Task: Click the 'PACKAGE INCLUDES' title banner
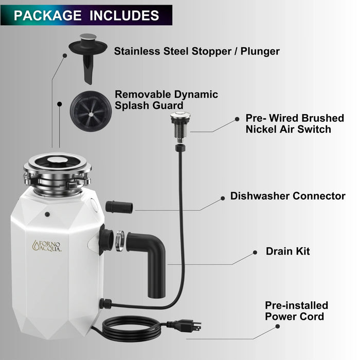click(x=86, y=15)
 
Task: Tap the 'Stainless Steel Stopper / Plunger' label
click(x=197, y=51)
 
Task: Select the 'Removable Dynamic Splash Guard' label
click(x=166, y=100)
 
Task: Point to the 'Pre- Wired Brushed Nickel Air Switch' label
click(x=295, y=124)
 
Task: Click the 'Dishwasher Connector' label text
click(x=287, y=196)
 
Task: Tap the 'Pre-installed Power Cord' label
click(x=296, y=311)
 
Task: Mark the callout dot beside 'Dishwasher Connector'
click(x=223, y=197)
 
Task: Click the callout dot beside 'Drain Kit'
click(x=255, y=253)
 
